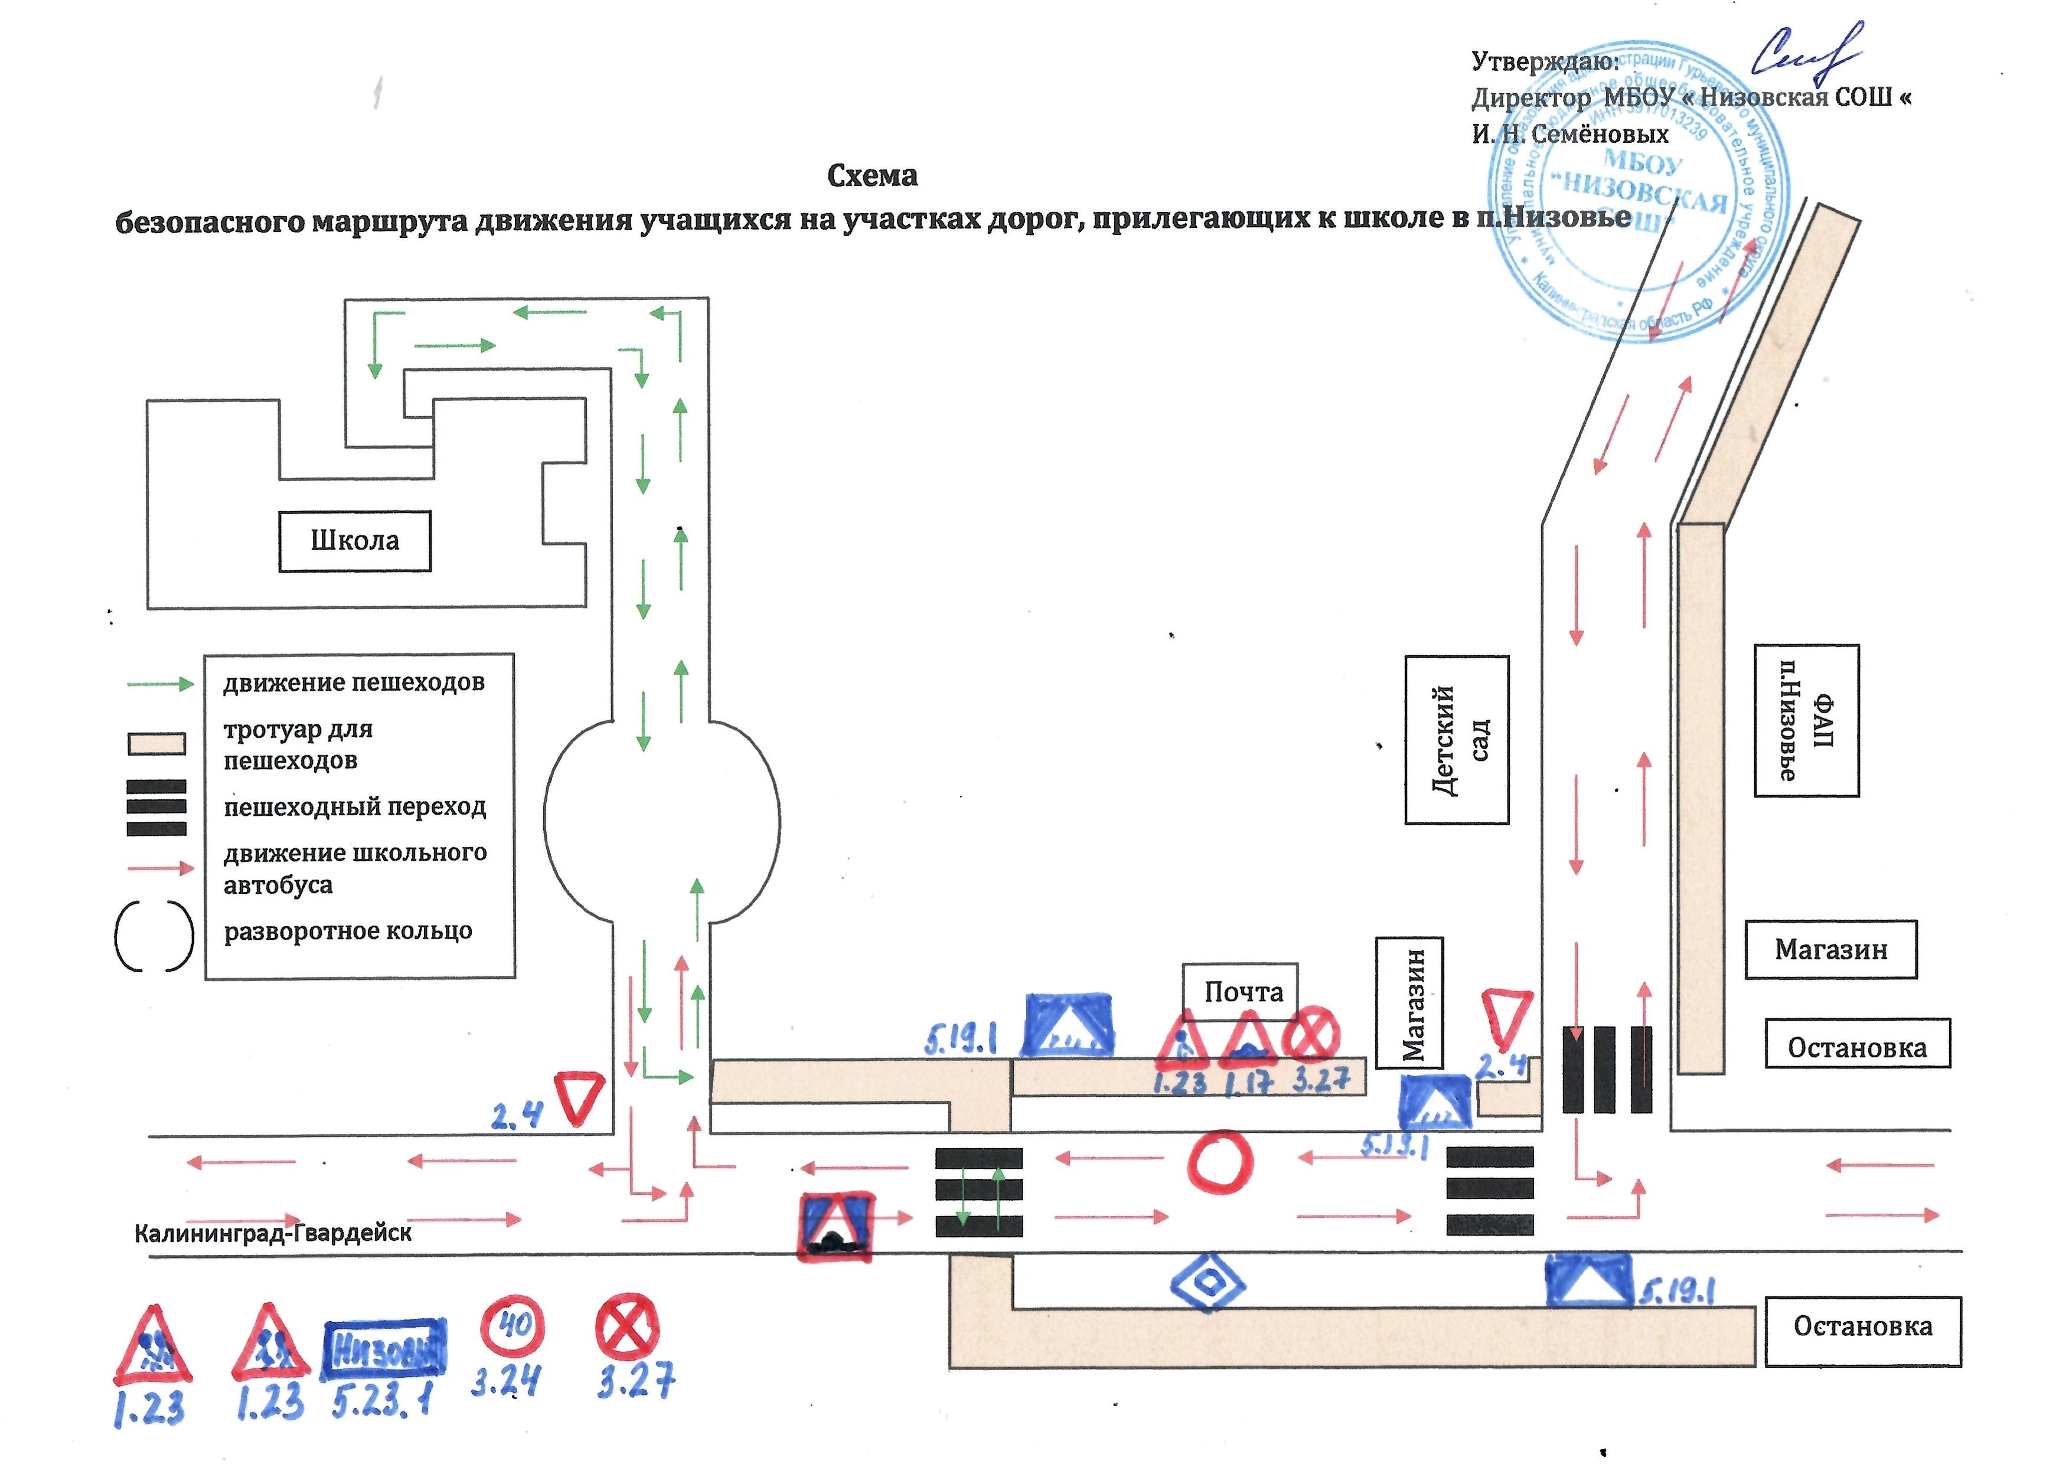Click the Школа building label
[x=354, y=541]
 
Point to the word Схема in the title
[x=872, y=176]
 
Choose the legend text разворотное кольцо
[x=348, y=931]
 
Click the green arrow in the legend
[x=161, y=684]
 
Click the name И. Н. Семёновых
[x=1571, y=135]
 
